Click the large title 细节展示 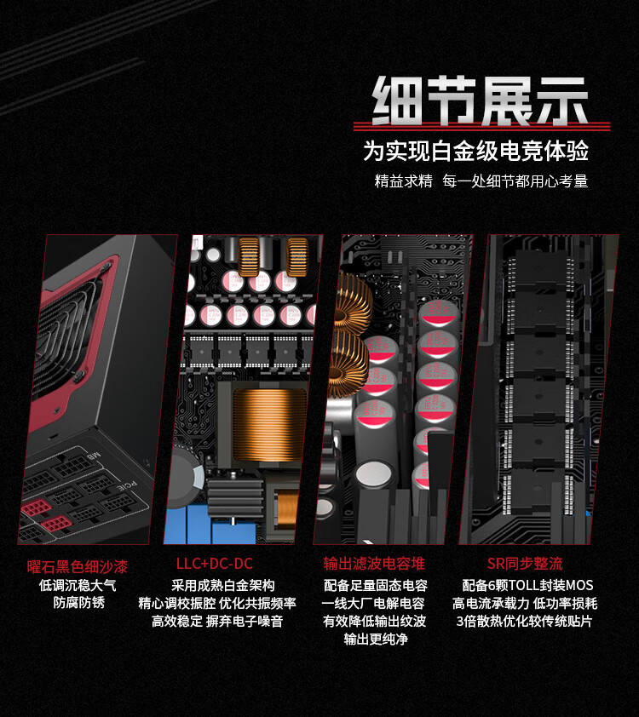[x=481, y=100]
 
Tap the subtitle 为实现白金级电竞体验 [x=475, y=151]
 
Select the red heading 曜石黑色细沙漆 [x=78, y=567]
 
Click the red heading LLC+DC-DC [x=215, y=564]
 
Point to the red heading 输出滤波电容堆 [x=374, y=564]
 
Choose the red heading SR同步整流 [x=525, y=564]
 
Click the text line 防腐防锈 [x=79, y=603]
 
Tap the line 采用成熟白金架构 [x=222, y=585]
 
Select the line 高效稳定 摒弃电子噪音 [x=217, y=622]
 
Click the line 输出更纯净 [x=376, y=639]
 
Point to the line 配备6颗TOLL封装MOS [x=527, y=585]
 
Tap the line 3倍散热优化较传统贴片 [x=524, y=622]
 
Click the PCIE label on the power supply [x=127, y=485]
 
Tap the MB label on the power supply [x=94, y=456]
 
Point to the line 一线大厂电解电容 [x=373, y=604]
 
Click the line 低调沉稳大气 [x=78, y=585]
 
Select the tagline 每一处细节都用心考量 [x=515, y=181]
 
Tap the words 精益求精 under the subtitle [x=404, y=181]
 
